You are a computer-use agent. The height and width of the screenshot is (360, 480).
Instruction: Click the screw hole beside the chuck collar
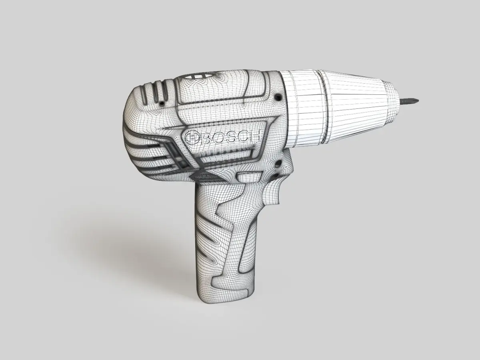pyautogui.click(x=278, y=96)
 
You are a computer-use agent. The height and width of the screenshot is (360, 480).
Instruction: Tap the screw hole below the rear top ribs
pyautogui.click(x=162, y=103)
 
